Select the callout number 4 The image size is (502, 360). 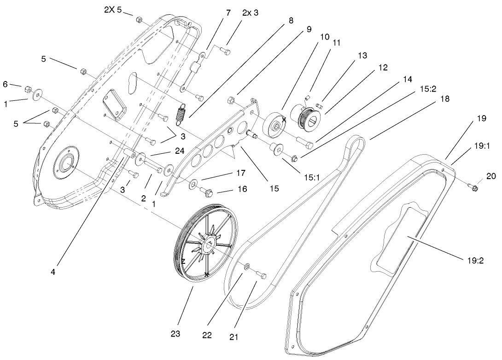coord(53,272)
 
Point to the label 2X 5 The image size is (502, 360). coord(113,10)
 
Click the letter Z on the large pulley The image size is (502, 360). coord(183,261)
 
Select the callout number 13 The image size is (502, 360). coord(362,55)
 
